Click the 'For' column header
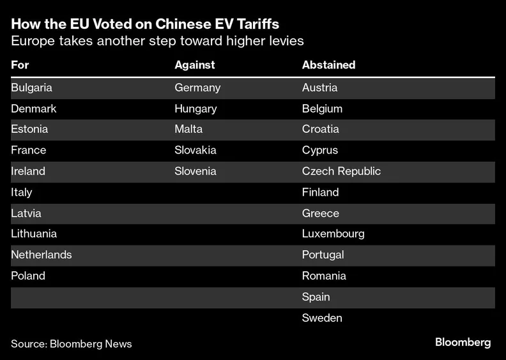tap(20, 65)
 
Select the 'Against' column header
tap(194, 65)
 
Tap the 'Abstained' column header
tap(328, 65)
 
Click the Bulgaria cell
tap(31, 88)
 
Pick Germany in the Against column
tap(197, 88)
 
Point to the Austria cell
tap(319, 88)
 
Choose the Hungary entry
tap(195, 109)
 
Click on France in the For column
tap(28, 150)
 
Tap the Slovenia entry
tap(195, 171)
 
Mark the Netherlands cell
tap(41, 254)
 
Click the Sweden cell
tap(322, 318)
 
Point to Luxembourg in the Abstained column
tap(333, 233)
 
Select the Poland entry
tap(28, 276)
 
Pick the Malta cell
tap(188, 129)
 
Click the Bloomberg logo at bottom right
tap(463, 343)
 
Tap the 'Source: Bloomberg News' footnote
tap(71, 344)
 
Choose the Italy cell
tap(21, 192)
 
